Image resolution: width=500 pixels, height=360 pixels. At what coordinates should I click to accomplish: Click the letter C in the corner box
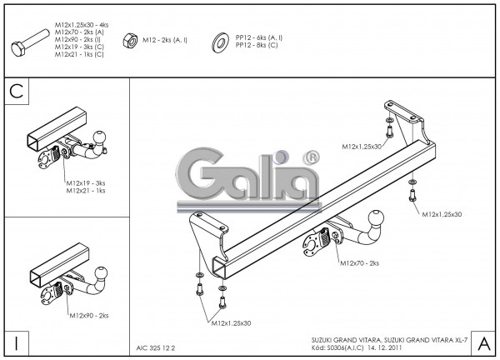tap(16, 92)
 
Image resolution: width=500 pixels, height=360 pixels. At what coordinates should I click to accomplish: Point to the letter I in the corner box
tap(16, 342)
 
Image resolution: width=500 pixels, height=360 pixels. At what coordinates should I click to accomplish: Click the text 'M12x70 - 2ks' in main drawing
tap(359, 263)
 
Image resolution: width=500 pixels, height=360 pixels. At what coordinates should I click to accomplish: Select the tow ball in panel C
tap(102, 137)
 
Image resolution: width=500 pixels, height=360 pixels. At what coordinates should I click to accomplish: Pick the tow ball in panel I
tap(103, 273)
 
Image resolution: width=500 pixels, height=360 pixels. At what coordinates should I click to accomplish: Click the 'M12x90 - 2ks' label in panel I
tap(88, 316)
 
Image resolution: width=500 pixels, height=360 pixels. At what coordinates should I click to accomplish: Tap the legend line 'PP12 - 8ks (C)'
tap(258, 44)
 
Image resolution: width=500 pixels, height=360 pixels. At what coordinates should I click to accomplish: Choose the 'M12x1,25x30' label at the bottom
tap(232, 322)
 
